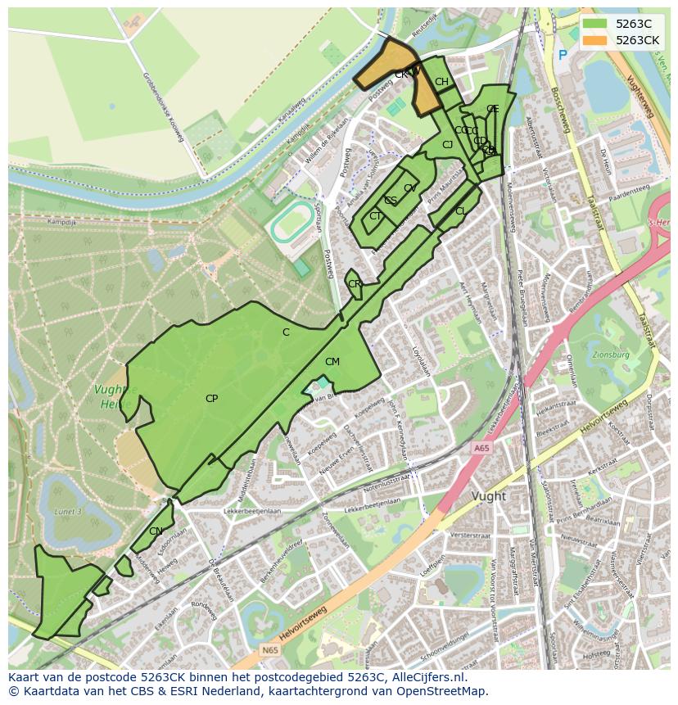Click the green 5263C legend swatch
tap(595, 24)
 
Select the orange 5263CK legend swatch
tap(595, 40)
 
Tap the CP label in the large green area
tap(211, 399)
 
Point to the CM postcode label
tap(332, 362)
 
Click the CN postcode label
tap(156, 531)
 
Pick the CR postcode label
tap(355, 284)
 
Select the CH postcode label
tap(441, 82)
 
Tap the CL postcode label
tap(461, 211)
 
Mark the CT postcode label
tap(375, 216)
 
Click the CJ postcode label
tap(447, 145)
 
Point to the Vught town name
tap(489, 496)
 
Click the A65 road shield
tap(481, 448)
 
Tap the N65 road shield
tap(270, 650)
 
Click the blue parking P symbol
tap(562, 55)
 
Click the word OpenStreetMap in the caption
tap(440, 691)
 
